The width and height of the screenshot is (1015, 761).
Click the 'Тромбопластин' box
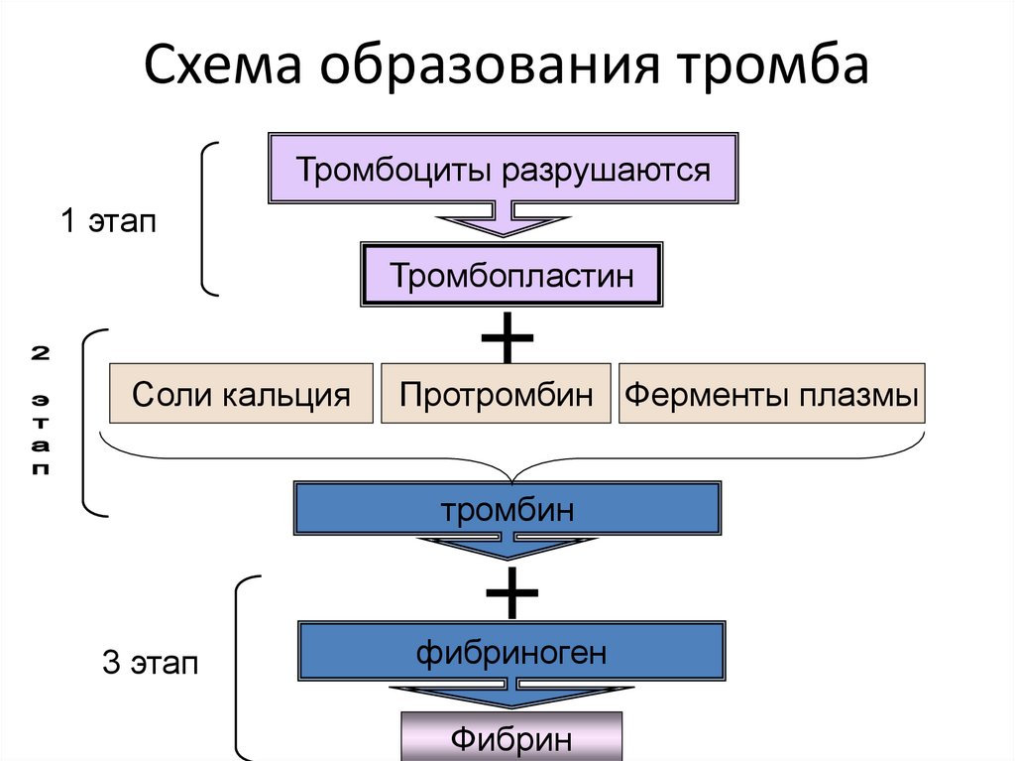point(510,275)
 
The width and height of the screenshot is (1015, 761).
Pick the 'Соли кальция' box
point(241,394)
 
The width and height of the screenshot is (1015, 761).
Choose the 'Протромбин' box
point(497,394)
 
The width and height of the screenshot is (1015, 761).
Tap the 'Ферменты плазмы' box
point(770,394)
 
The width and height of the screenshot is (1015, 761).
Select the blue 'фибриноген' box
point(510,652)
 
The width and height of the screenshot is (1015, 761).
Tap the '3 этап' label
point(151,662)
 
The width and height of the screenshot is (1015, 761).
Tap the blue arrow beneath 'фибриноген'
point(510,694)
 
